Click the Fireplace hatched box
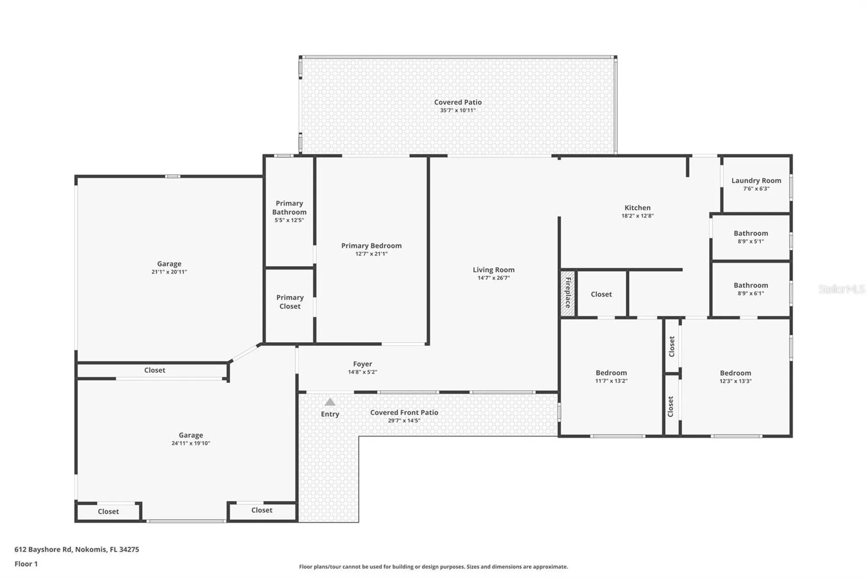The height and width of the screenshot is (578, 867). pos(568,294)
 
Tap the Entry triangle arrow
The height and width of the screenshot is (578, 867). pos(330,402)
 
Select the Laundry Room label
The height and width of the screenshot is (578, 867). pos(756,180)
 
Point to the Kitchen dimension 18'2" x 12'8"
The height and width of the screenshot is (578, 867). pos(638,216)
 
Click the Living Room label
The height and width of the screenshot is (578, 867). pos(494,270)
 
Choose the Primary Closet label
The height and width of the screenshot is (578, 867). pos(290,302)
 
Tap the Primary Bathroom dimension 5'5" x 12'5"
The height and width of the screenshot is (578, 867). pos(289,221)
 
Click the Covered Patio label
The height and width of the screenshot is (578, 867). pos(458,102)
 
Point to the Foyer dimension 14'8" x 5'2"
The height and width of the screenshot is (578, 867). pos(363,372)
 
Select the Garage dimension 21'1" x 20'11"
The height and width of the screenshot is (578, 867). pos(169,272)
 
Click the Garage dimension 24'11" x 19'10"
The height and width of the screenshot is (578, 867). pos(191,443)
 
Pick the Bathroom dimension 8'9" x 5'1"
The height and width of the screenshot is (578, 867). pos(751,242)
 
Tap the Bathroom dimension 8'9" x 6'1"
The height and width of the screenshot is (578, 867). pos(751,294)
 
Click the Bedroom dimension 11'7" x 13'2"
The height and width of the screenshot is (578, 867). pos(611,381)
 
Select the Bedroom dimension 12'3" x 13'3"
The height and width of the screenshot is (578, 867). pos(736,381)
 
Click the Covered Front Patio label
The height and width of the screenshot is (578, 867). pos(404,413)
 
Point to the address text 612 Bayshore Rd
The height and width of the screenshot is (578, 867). pos(43,550)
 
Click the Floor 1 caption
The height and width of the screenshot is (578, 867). pos(26,564)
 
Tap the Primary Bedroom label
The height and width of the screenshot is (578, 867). pos(371,246)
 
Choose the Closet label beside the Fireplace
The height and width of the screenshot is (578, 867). pos(601,294)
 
